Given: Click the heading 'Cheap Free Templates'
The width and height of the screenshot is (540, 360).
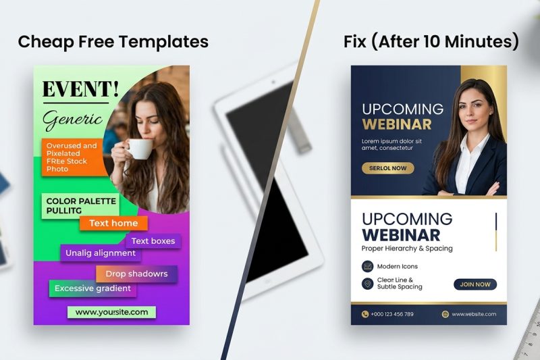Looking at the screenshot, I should click(113, 42).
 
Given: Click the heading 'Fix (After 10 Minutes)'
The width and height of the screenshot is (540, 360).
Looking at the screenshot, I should click(431, 42).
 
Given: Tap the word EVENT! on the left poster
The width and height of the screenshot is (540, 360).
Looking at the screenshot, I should click(80, 88).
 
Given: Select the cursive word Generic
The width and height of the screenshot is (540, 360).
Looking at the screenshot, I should click(72, 120).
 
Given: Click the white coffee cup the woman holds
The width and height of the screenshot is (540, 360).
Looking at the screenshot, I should click(140, 148).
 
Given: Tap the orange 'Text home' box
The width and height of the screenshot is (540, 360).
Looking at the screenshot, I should click(113, 224).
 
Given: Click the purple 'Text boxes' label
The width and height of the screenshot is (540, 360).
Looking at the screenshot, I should click(153, 241).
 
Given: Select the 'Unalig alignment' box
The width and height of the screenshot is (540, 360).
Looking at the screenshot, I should click(101, 253).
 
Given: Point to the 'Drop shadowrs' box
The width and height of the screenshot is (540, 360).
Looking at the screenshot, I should click(136, 274).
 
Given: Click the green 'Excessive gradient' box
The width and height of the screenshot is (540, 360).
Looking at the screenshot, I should click(93, 288).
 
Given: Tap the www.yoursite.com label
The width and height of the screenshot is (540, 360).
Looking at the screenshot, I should click(111, 312).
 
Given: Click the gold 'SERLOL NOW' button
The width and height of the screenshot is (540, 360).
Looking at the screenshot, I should click(388, 168).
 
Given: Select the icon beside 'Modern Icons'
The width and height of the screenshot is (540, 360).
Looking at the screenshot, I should click(368, 266).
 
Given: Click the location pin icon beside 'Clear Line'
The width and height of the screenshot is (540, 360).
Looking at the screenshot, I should click(368, 284).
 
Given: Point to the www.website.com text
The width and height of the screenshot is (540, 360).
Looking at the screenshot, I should click(474, 314).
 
